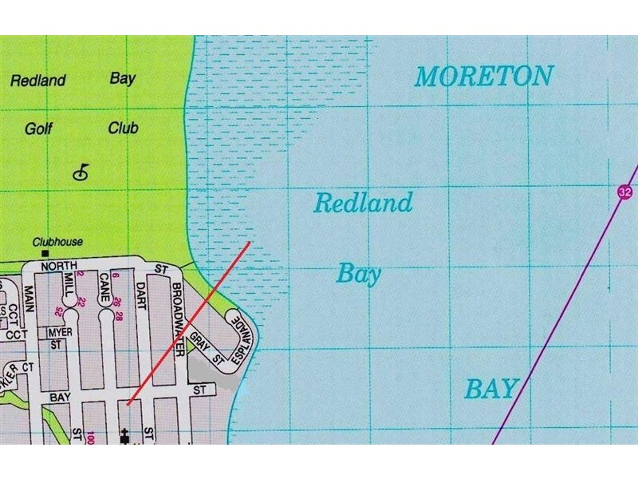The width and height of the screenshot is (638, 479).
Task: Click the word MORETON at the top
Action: (x=483, y=77)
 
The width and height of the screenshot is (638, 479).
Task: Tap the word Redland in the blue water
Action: (x=363, y=203)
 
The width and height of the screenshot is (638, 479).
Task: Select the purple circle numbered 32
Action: (x=623, y=192)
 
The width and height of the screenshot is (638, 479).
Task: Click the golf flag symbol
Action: (x=81, y=171)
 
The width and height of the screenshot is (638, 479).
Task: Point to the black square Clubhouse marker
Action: (x=56, y=253)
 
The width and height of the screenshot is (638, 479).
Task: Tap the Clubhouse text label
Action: (x=57, y=242)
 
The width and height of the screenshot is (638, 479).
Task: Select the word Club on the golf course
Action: (x=124, y=128)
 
